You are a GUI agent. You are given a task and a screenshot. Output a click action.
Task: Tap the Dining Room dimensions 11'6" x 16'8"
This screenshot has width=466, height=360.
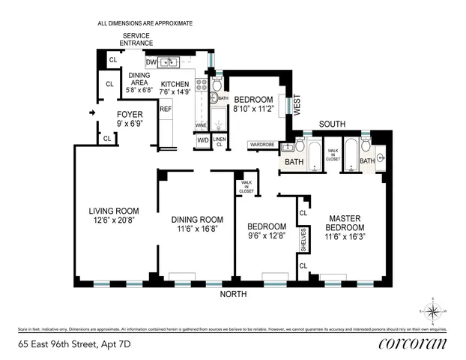click(x=194, y=229)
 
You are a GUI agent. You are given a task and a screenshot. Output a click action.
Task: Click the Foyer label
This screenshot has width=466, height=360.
click(x=130, y=115)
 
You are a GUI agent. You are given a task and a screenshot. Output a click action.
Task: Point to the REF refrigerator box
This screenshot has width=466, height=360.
click(x=165, y=109)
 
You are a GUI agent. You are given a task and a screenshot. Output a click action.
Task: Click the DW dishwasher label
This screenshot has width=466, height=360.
click(x=151, y=61)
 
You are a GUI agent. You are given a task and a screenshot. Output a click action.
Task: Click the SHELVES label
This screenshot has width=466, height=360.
click(x=303, y=241)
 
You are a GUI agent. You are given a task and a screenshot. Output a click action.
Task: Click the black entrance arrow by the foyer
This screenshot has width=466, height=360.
click(x=93, y=113)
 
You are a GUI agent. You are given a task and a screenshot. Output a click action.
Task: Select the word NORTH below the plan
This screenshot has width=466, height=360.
click(x=232, y=294)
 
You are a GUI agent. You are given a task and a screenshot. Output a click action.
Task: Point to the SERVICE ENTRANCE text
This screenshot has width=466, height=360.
click(x=136, y=39)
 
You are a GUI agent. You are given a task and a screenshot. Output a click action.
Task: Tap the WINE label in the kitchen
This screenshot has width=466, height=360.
click(x=200, y=124)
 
